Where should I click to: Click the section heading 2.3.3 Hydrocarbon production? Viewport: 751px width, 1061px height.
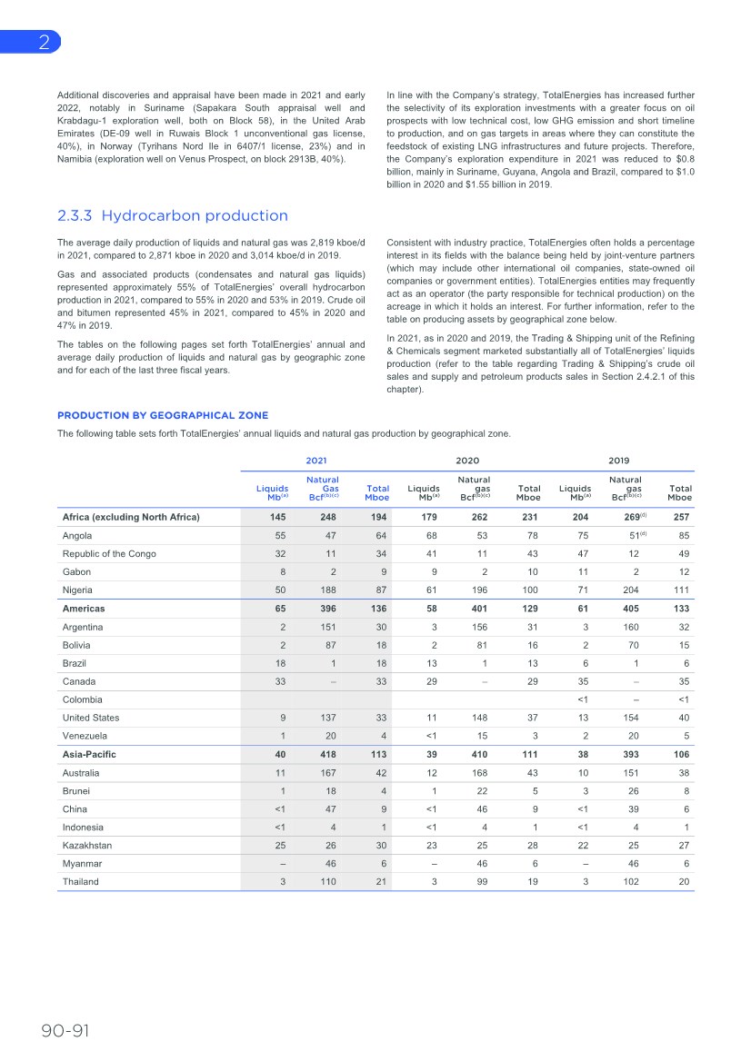coord(172,215)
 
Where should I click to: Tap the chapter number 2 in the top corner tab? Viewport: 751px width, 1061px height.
coord(44,43)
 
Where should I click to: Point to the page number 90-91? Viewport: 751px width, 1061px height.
coord(65,1030)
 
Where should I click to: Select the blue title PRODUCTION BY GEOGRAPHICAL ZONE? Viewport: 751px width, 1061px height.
coord(163,415)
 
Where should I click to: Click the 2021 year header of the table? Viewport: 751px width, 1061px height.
coord(316,461)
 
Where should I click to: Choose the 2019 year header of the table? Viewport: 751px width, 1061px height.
coord(618,461)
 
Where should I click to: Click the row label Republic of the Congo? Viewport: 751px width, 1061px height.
coord(109,554)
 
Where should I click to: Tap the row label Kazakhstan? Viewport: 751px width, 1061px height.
coord(87,846)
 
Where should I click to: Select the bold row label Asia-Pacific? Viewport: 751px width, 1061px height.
coord(89,754)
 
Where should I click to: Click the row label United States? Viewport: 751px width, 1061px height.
coord(92,718)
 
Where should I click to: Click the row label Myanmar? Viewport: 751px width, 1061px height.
coord(83,864)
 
